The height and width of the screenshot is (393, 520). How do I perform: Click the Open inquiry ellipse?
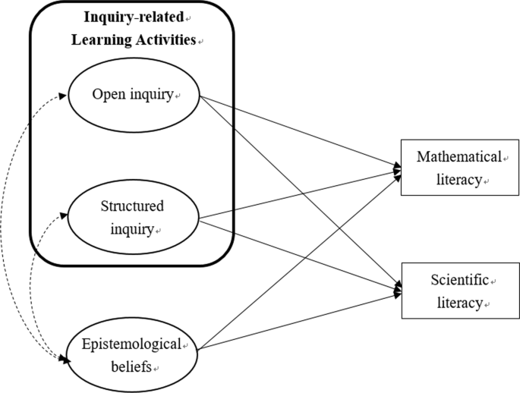pyautogui.click(x=134, y=96)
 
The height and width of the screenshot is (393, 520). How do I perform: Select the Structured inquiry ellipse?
pyautogui.click(x=134, y=217)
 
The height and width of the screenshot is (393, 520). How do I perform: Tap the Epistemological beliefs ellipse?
pyautogui.click(x=134, y=355)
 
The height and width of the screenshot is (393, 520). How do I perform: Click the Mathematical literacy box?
pyautogui.click(x=461, y=168)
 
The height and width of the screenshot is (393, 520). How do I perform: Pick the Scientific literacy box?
pyautogui.click(x=461, y=291)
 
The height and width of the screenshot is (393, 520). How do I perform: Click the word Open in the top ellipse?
pyautogui.click(x=106, y=96)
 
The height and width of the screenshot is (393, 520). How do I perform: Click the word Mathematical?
pyautogui.click(x=459, y=157)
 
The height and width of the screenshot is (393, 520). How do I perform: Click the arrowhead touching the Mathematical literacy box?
pyautogui.click(x=396, y=168)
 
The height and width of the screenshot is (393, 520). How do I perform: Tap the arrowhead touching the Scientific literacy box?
pyautogui.click(x=396, y=291)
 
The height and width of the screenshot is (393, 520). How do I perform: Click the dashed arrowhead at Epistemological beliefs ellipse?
pyautogui.click(x=68, y=361)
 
